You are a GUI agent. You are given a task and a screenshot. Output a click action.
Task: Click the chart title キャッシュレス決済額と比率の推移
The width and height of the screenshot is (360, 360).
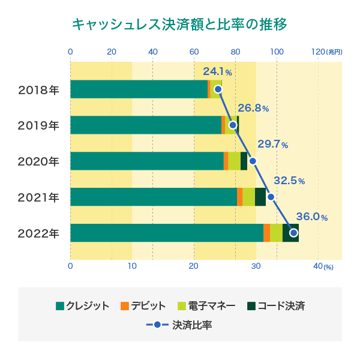click(x=179, y=25)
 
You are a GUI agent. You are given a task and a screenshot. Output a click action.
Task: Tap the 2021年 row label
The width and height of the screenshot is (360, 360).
click(x=39, y=197)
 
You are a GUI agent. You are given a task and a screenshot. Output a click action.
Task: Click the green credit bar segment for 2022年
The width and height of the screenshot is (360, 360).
click(x=167, y=233)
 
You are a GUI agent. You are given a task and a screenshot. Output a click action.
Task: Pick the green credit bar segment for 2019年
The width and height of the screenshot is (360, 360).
click(x=146, y=125)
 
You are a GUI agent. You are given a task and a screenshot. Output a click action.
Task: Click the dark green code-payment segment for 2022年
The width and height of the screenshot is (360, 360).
click(x=290, y=233)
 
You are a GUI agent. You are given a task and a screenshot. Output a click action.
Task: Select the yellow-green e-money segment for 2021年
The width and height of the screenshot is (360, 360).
click(x=248, y=197)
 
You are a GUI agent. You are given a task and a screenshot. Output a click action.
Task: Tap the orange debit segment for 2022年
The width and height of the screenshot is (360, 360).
click(x=266, y=233)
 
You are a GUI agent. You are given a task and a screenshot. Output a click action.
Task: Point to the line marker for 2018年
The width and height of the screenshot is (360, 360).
click(x=218, y=89)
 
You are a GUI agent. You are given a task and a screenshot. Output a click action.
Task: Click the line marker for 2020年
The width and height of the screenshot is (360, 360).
click(x=253, y=161)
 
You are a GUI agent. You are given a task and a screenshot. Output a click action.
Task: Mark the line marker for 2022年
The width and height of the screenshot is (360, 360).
click(x=293, y=232)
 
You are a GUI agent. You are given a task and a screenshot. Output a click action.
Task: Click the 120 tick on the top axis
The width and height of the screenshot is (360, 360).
click(x=317, y=52)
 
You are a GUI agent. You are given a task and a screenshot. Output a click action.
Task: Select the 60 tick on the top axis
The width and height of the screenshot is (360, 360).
click(x=194, y=52)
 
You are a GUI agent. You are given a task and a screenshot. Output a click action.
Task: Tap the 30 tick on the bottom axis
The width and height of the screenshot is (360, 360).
click(x=256, y=266)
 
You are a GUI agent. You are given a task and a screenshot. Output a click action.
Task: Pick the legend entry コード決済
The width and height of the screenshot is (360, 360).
click(x=276, y=306)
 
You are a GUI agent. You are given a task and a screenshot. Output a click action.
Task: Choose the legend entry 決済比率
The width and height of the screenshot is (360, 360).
click(x=179, y=325)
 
